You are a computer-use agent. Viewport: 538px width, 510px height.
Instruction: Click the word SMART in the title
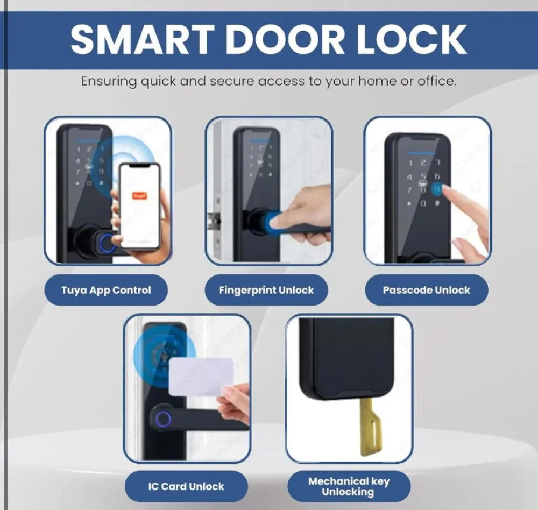[x=142, y=39]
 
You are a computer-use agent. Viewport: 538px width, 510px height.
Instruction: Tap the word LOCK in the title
[x=412, y=39]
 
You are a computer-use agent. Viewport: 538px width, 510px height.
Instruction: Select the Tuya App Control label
[x=106, y=290]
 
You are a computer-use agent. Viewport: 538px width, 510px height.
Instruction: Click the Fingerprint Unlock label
[x=266, y=290]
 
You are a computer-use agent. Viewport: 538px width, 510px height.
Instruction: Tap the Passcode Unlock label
[x=427, y=290]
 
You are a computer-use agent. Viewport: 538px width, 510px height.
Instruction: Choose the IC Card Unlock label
[x=186, y=486]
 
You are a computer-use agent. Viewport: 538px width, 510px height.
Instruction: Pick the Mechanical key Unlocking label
[x=349, y=486]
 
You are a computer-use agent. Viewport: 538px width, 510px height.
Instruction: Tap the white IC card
[x=201, y=377]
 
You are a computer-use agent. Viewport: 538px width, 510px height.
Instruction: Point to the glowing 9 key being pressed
[x=437, y=189]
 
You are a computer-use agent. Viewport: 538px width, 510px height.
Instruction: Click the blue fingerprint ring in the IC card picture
[x=163, y=419]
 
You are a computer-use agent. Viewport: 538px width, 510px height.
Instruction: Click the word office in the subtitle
[x=437, y=81]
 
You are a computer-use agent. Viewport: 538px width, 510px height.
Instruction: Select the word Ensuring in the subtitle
[x=109, y=82]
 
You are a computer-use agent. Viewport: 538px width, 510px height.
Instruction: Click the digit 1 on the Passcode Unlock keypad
[x=410, y=163]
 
